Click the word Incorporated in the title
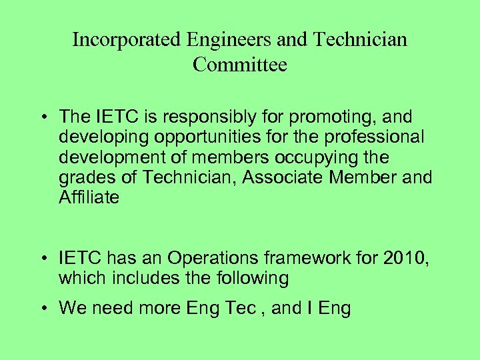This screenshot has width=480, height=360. coord(126,40)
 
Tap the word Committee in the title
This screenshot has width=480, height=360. coord(240,65)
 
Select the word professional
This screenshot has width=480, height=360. coord(366,137)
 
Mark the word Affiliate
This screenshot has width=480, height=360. coord(89,198)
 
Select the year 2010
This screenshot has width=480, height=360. coord(404,258)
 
